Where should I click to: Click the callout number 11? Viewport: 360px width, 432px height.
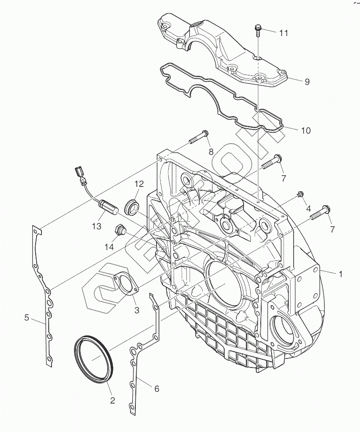(x=283, y=33)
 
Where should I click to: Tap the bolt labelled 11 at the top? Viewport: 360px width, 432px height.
(x=258, y=30)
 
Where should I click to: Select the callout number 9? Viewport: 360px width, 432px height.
(x=307, y=82)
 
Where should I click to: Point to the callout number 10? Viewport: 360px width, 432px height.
(x=306, y=130)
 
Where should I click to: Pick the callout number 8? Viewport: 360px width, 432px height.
(x=211, y=152)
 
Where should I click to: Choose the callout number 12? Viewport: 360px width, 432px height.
(x=139, y=184)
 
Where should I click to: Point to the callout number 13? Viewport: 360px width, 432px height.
(x=97, y=226)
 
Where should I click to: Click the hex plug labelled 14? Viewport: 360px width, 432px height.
(x=120, y=230)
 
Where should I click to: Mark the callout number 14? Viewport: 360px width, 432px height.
(x=109, y=247)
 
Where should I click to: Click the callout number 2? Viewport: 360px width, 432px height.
(x=112, y=400)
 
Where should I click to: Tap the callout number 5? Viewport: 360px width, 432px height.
(x=27, y=318)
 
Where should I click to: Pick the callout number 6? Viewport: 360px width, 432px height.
(x=157, y=389)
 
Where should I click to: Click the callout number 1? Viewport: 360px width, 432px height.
(x=341, y=274)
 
